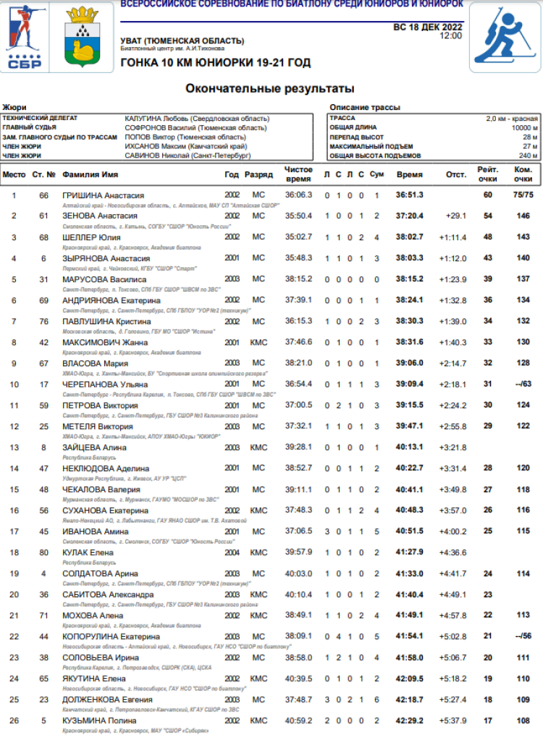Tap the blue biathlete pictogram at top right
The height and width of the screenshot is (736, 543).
505,37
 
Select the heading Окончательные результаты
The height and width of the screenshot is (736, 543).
270,88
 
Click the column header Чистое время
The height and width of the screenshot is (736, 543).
298,174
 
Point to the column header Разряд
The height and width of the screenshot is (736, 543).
258,174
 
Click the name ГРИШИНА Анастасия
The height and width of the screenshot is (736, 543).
104,195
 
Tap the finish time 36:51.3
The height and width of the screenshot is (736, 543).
409,195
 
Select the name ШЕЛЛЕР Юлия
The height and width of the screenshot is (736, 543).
91,237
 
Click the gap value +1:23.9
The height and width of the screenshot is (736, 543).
452,279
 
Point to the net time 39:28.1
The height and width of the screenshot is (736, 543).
298,447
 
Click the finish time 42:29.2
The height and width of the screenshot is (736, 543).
409,721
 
